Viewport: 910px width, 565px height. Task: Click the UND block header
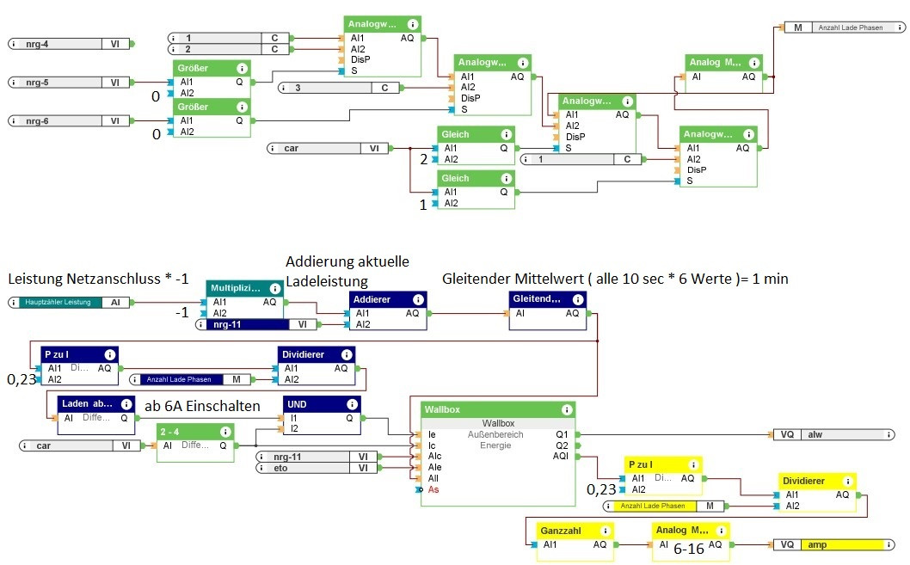[321, 404]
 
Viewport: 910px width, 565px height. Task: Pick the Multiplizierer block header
[243, 288]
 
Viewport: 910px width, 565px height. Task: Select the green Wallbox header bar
[497, 410]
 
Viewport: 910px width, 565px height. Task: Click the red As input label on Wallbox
[433, 489]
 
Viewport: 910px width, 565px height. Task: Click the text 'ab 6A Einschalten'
[201, 407]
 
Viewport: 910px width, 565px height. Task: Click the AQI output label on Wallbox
[560, 457]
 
